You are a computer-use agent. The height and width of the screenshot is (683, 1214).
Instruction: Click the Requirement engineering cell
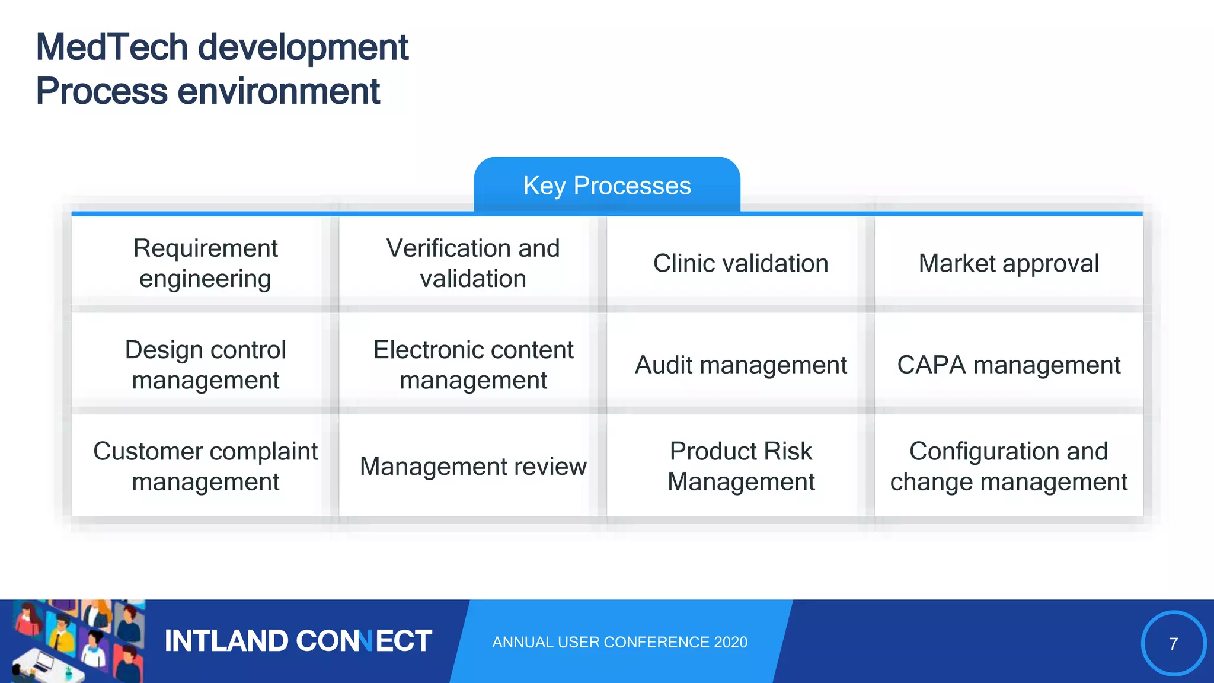pyautogui.click(x=205, y=263)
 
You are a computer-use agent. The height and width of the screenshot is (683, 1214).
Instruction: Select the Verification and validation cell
pyautogui.click(x=473, y=263)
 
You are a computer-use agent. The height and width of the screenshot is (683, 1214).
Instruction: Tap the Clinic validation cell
pyautogui.click(x=740, y=263)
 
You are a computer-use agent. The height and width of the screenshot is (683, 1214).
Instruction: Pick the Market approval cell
pyautogui.click(x=1008, y=263)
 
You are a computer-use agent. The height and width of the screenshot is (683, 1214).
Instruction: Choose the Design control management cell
pyautogui.click(x=205, y=365)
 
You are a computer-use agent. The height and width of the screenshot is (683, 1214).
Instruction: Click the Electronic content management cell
pyautogui.click(x=473, y=365)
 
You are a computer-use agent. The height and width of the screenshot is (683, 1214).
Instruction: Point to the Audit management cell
pyautogui.click(x=740, y=365)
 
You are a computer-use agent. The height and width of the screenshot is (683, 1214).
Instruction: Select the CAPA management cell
pyautogui.click(x=1008, y=365)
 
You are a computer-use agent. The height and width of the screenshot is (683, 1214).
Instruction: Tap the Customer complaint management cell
pyautogui.click(x=205, y=466)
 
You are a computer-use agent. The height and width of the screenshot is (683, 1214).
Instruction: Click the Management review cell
pyautogui.click(x=473, y=466)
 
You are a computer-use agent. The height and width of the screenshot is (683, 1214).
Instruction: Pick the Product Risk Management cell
pyautogui.click(x=740, y=466)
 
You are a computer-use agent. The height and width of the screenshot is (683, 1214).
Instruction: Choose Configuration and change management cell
pyautogui.click(x=1008, y=466)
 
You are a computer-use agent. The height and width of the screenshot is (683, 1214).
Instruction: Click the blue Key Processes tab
pyautogui.click(x=607, y=185)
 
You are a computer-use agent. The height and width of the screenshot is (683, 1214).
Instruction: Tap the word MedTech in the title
pyautogui.click(x=111, y=47)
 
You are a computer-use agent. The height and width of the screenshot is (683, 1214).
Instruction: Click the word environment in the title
pyautogui.click(x=278, y=92)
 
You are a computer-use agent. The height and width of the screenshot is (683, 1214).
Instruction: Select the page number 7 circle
pyautogui.click(x=1173, y=643)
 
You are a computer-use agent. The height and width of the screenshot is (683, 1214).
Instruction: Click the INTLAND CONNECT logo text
pyautogui.click(x=298, y=641)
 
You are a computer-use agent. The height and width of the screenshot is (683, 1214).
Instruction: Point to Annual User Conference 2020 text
pyautogui.click(x=619, y=642)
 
